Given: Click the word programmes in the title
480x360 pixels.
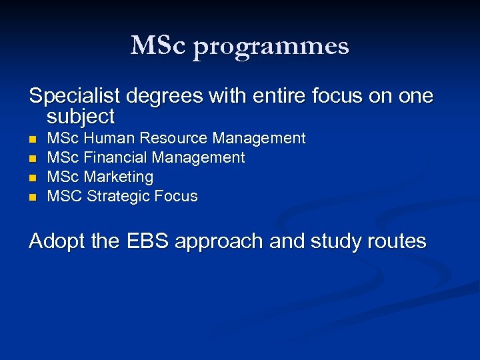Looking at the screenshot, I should click(x=271, y=47).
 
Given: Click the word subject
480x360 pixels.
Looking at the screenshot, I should click(x=81, y=117).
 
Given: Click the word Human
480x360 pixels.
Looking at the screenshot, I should click(x=105, y=139).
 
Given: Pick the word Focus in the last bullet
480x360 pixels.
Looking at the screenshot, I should click(x=176, y=197).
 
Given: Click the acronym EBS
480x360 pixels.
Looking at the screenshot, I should click(x=145, y=241).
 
